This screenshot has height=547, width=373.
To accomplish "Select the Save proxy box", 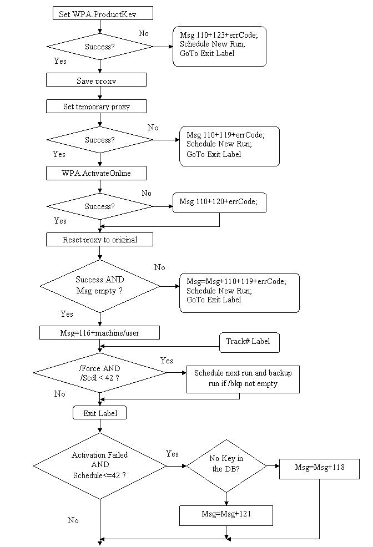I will [96, 80].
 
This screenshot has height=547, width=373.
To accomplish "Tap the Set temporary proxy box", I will [96, 107].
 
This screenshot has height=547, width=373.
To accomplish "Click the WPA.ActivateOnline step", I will [96, 173].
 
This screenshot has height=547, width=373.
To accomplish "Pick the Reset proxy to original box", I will [99, 240].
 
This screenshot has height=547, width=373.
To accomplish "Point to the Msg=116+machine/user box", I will [99, 333].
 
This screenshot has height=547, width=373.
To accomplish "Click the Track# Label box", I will [249, 342].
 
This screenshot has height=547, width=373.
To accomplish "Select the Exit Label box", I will [100, 413].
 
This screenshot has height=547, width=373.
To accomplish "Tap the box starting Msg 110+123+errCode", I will [219, 46].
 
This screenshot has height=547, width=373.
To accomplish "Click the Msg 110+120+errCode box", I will [219, 202].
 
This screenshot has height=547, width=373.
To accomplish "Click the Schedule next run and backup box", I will [243, 379].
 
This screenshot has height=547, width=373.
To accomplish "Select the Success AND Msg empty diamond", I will [100, 286].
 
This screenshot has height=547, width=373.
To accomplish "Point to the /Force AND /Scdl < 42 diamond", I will [100, 373].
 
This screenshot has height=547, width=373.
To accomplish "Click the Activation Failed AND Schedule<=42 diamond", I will [100, 465].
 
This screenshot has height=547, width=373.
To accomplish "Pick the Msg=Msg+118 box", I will [319, 468].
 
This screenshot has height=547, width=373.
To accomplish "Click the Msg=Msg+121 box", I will [226, 515].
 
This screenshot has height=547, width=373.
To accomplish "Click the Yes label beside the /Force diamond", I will [167, 360].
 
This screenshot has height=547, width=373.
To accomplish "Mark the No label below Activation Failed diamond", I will [73, 520].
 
